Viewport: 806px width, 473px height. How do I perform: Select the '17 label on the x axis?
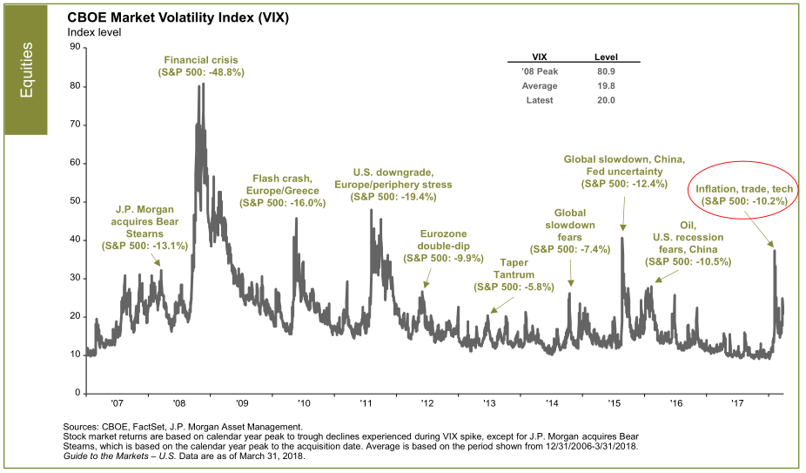tap(737, 404)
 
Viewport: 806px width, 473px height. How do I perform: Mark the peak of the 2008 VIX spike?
tap(201, 85)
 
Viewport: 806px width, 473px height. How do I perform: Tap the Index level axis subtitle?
tap(94, 33)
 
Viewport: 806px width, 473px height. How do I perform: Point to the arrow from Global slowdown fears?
tap(571, 270)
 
